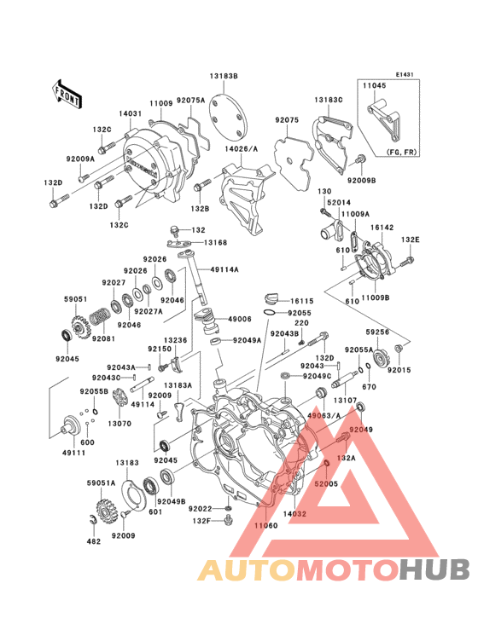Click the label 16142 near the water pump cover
[x=381, y=228]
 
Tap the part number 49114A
[x=224, y=271]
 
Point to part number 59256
[x=378, y=333]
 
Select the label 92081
[x=80, y=339]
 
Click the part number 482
[x=94, y=541]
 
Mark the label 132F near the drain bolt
[x=201, y=520]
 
